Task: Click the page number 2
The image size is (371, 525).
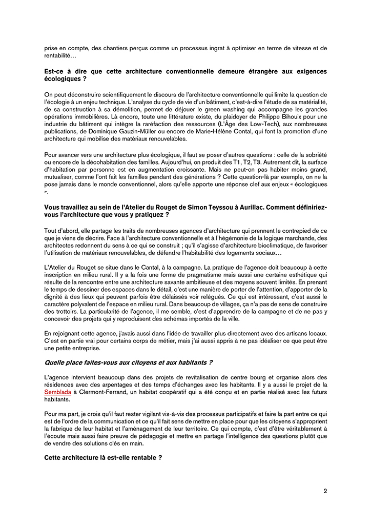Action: [325, 491]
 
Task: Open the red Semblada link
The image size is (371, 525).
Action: [57, 392]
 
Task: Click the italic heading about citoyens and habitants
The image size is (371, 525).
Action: [128, 362]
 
